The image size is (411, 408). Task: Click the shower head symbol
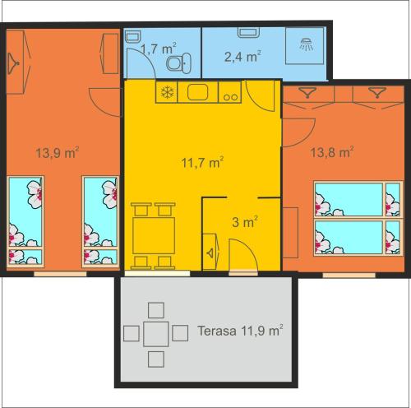306,44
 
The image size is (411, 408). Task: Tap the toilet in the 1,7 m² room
178,63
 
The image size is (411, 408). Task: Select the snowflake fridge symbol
167,92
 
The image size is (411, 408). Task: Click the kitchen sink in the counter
197,92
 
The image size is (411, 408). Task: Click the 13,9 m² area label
58,152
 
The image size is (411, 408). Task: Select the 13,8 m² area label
331,151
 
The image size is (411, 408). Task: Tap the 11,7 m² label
202,163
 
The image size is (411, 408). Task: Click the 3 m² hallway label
245,222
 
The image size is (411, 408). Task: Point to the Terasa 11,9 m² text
240,331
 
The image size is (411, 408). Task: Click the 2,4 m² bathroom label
242,57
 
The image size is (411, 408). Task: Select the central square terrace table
156,334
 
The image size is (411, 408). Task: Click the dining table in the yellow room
154,235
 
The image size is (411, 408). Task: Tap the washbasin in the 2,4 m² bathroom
248,32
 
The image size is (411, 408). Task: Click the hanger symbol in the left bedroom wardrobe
13,63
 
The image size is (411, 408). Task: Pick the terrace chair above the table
156,310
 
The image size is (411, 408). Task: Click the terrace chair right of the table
180,333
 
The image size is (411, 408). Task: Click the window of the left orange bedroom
60,274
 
